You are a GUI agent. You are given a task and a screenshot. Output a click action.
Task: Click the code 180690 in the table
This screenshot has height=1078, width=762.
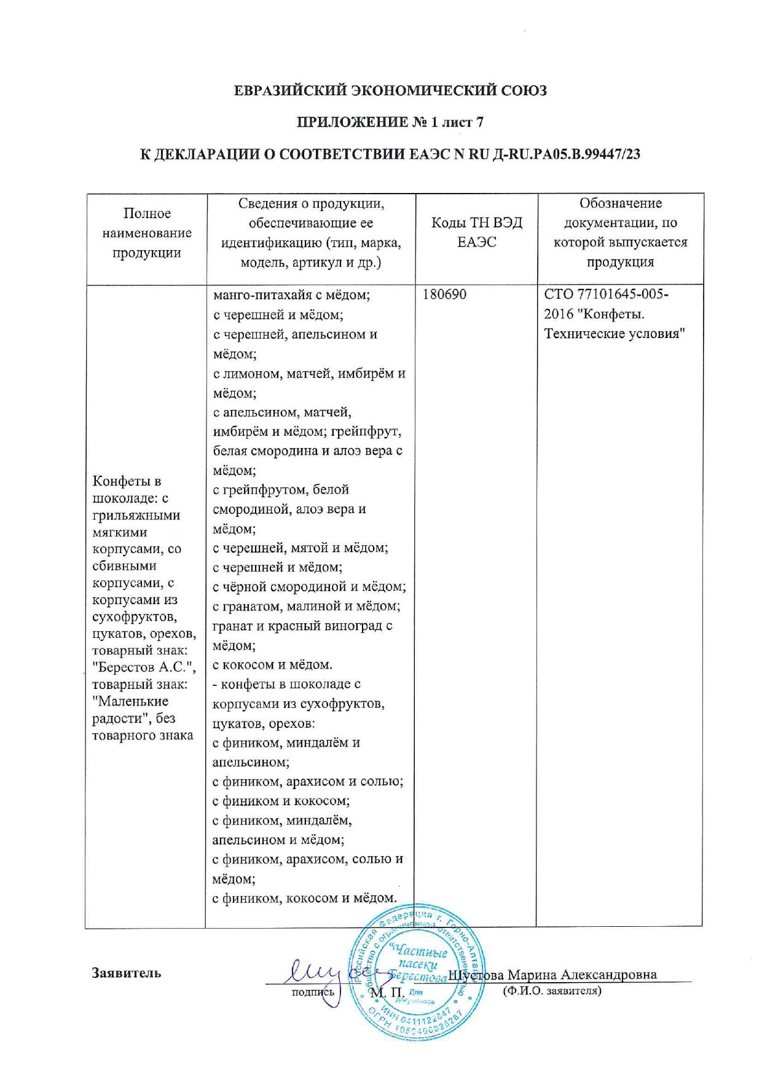click(x=444, y=294)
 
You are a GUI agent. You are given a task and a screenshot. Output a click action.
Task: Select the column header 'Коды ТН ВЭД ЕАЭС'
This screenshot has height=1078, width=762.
click(x=476, y=232)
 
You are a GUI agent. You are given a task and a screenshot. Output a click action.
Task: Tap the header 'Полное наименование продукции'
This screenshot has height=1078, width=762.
click(x=146, y=233)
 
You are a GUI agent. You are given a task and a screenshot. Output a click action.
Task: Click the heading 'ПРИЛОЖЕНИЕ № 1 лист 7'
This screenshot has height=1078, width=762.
click(x=390, y=122)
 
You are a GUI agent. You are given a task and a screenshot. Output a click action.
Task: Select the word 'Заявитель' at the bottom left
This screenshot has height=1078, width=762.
click(x=127, y=972)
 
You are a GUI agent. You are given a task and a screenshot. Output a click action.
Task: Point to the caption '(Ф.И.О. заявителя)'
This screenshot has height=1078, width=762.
click(x=551, y=991)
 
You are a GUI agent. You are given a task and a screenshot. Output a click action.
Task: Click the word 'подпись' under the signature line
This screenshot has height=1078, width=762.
click(x=313, y=991)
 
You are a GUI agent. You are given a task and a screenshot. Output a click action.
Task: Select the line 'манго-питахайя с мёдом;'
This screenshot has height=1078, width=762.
click(x=291, y=295)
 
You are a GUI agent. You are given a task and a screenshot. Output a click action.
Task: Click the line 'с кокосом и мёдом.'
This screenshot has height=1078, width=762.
click(x=272, y=664)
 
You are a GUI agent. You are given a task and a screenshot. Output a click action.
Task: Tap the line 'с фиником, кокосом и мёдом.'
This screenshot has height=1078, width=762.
click(x=304, y=898)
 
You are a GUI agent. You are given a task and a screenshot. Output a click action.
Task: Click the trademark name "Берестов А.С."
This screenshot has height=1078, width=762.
click(x=144, y=667)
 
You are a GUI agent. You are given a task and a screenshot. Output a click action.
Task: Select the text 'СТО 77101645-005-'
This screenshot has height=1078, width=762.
click(x=606, y=294)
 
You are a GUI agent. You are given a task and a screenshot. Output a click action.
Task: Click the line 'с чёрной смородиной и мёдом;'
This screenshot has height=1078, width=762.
click(x=309, y=587)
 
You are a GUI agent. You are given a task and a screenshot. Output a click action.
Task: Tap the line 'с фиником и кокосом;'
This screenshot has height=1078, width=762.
click(x=281, y=801)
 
